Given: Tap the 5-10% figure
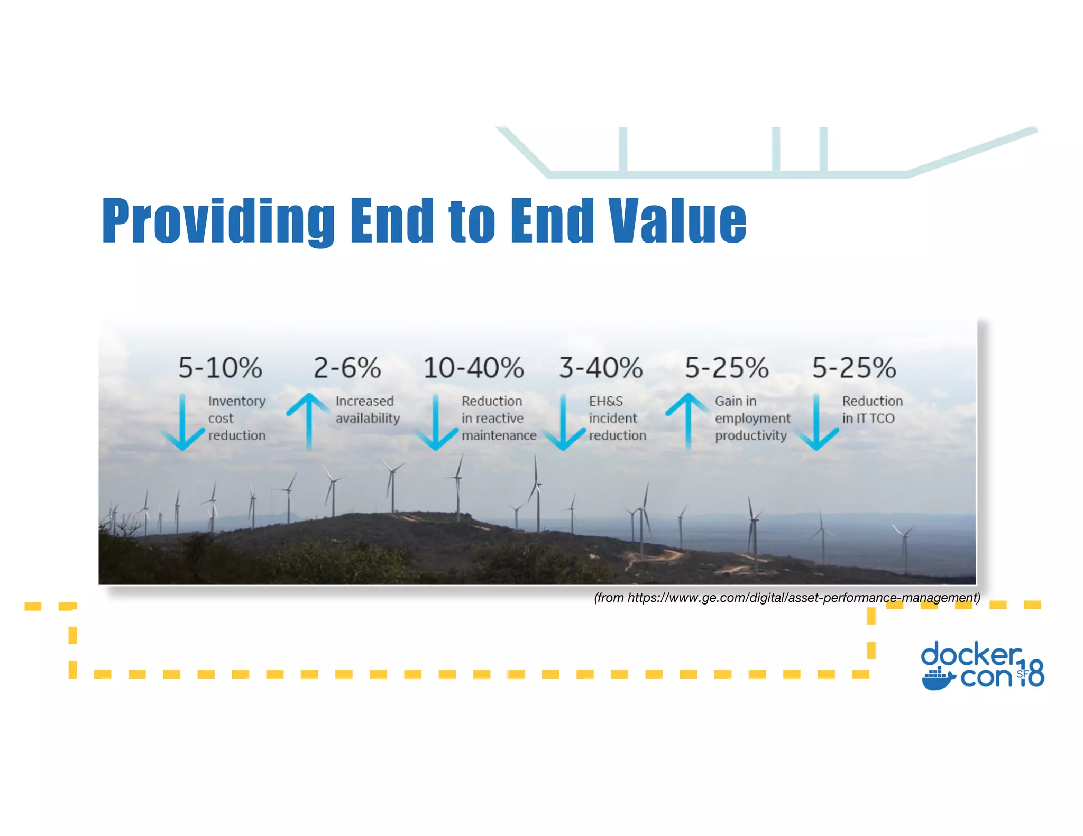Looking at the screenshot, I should tap(220, 368).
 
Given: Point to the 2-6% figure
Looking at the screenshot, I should tap(347, 368).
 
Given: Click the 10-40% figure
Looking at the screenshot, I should tap(473, 368).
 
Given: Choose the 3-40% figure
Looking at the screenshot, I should tap(601, 368).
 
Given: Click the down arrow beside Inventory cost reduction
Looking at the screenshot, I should tap(182, 423).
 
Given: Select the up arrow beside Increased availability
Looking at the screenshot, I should tap(309, 422).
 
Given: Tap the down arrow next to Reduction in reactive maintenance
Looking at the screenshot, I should tap(436, 423).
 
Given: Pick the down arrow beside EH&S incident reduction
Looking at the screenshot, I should tap(563, 423).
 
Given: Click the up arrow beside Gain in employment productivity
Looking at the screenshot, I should tap(688, 422).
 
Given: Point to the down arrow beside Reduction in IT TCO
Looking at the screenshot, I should tap(816, 423).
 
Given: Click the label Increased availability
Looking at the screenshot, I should tap(368, 410).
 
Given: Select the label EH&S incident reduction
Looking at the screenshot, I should tap(617, 418).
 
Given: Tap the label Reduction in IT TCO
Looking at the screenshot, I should tap(872, 410).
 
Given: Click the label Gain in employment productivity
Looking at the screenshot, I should tap(752, 418).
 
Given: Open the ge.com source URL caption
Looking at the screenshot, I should tap(787, 598).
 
